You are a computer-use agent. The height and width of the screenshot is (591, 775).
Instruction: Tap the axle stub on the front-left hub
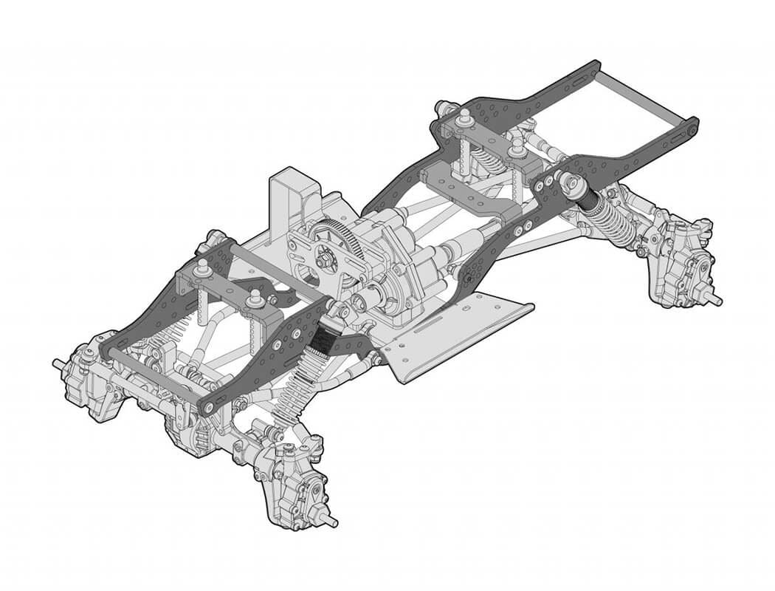click(59, 363)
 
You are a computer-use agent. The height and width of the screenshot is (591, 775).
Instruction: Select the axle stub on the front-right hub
click(329, 522)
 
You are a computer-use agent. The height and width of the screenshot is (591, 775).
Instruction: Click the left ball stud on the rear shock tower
click(465, 118)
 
